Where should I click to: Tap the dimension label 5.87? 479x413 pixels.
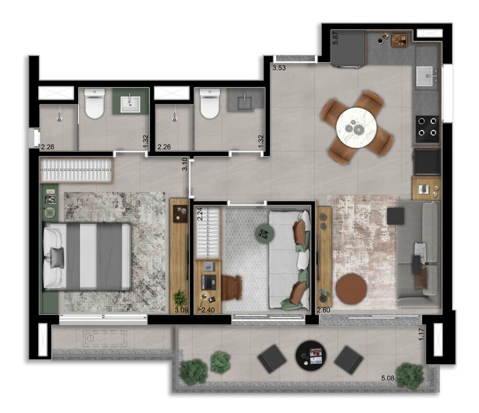(x=336, y=38)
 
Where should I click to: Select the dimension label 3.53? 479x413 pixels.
(x=279, y=68)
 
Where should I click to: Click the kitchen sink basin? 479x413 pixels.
(x=427, y=76)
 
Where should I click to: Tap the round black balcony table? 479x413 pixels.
(x=309, y=355)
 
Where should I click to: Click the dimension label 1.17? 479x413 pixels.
(x=422, y=333)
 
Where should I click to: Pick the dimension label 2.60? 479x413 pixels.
(x=323, y=310)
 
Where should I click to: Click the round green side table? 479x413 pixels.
(x=264, y=233)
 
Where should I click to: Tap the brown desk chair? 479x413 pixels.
(x=231, y=287)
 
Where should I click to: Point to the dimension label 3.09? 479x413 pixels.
(x=181, y=310)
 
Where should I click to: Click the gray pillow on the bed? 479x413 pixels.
(x=55, y=257)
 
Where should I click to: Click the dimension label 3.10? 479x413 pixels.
(x=184, y=165)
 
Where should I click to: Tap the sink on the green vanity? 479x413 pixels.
(x=130, y=103)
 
